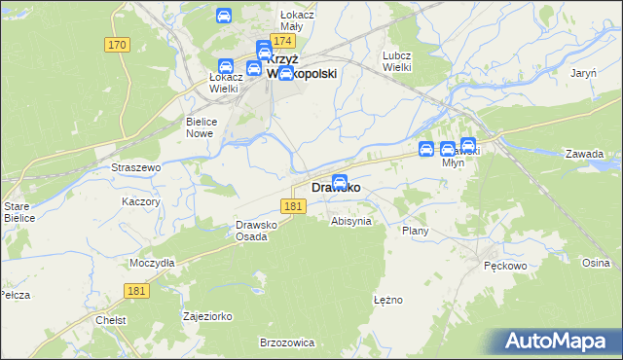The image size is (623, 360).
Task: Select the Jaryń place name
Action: (584, 73)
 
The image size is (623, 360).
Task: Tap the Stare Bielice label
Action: (18, 212)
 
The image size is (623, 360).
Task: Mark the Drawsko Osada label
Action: (258, 231)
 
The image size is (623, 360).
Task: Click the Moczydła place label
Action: (152, 263)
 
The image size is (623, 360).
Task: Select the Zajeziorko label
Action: (207, 317)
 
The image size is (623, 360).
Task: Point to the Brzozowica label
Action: (286, 342)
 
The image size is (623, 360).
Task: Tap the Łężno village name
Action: (387, 300)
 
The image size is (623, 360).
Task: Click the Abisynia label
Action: (351, 221)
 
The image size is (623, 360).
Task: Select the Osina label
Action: (596, 263)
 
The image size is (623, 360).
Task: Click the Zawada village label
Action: (584, 154)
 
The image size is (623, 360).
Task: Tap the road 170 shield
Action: (118, 45)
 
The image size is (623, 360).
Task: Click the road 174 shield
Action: (283, 42)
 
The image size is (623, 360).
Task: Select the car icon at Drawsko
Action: (340, 181)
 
